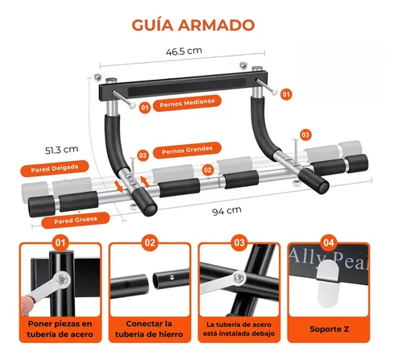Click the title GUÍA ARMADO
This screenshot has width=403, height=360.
(x=193, y=25)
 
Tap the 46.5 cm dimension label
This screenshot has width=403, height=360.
(x=184, y=51)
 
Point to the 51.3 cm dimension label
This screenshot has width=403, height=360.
(x=61, y=150)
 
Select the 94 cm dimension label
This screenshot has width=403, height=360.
(x=226, y=211)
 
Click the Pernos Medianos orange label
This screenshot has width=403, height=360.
(x=187, y=103)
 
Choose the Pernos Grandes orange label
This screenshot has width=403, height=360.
(x=187, y=150)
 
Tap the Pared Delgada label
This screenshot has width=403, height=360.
(x=55, y=168)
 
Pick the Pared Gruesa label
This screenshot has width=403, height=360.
(x=76, y=221)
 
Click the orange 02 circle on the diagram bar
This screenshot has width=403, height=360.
(x=207, y=170)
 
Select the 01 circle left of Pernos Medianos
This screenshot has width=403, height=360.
(x=145, y=108)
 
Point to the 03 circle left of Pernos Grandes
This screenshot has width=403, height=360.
(x=143, y=155)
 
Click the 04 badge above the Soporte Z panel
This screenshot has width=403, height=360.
(x=329, y=242)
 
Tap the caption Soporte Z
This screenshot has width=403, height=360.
(x=329, y=329)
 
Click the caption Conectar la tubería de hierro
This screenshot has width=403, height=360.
(x=149, y=329)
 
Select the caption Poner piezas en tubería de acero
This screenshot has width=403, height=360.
(x=60, y=329)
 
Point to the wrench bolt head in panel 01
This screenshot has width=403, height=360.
(x=62, y=279)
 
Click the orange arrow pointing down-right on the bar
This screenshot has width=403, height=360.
(x=118, y=186)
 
